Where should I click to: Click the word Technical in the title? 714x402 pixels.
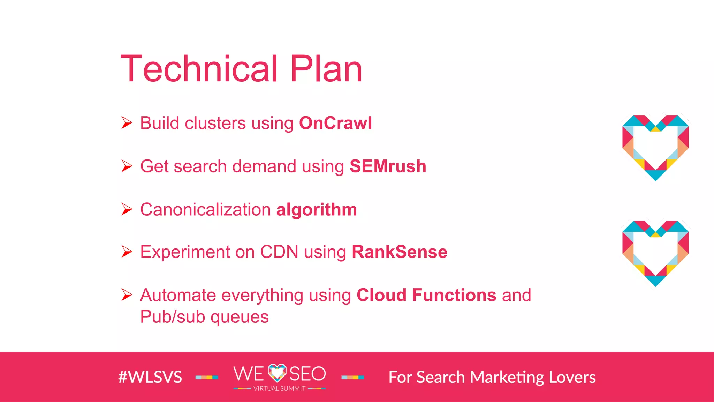[x=199, y=69]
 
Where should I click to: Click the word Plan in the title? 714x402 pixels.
[x=326, y=69]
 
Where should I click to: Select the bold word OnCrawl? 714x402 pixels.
[x=335, y=123]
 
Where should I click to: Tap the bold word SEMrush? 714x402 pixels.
[x=388, y=166]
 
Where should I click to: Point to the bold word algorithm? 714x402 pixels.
[x=317, y=210]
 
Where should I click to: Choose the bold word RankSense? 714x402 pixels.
[x=399, y=252]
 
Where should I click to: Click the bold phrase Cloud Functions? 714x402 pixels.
[x=426, y=295]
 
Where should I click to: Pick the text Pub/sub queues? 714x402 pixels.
[x=204, y=317]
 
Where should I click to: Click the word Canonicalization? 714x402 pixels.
[x=205, y=210]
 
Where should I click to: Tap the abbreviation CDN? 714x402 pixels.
[x=279, y=252]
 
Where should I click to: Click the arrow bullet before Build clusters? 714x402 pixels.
[x=127, y=123]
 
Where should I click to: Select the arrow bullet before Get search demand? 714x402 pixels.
[x=127, y=166]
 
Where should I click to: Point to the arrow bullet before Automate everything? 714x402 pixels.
[x=127, y=295]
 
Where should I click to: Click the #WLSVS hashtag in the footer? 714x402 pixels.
[x=150, y=377]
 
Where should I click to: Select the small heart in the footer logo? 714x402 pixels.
[x=277, y=373]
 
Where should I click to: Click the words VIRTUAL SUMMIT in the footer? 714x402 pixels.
[x=279, y=389]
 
